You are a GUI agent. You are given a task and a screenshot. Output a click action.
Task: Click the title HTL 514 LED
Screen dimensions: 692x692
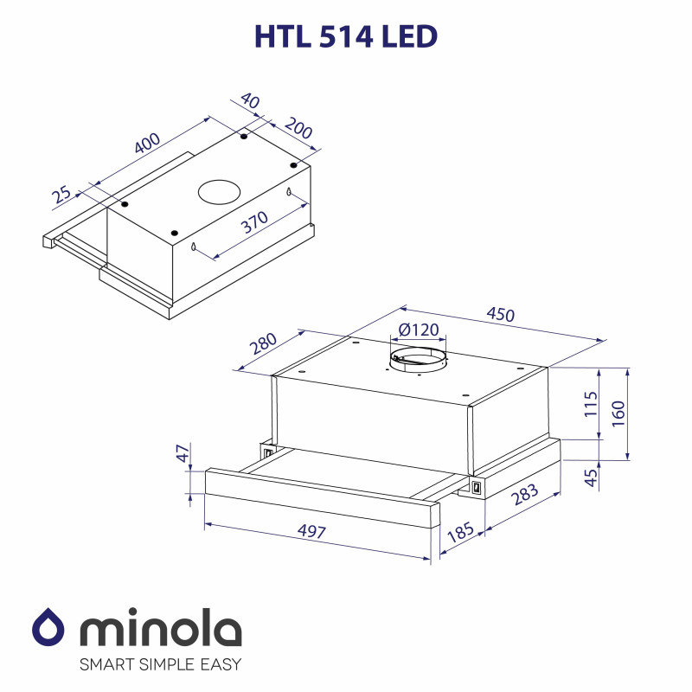[x=346, y=36]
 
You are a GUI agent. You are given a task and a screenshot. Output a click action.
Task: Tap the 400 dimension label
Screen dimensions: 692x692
[x=148, y=144]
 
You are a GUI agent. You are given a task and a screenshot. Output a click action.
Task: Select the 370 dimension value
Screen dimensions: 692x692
[x=254, y=223]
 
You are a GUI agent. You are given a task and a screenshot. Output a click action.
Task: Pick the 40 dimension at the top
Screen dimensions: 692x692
[x=250, y=101]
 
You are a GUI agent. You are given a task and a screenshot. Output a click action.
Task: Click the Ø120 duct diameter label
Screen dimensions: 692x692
[x=419, y=330]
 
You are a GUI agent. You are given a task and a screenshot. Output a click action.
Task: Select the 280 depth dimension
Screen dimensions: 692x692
[x=263, y=343]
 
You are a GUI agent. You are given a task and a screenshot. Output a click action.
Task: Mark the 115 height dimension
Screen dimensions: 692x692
[x=591, y=404]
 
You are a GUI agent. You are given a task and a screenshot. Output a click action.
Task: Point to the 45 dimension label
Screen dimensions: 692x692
[x=591, y=477]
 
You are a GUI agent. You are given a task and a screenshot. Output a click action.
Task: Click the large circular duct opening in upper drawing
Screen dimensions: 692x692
[x=220, y=192]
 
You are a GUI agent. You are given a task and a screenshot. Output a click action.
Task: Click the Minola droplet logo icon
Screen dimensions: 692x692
[x=49, y=629]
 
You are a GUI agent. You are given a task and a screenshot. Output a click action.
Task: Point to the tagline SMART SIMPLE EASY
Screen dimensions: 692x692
[x=160, y=665]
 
